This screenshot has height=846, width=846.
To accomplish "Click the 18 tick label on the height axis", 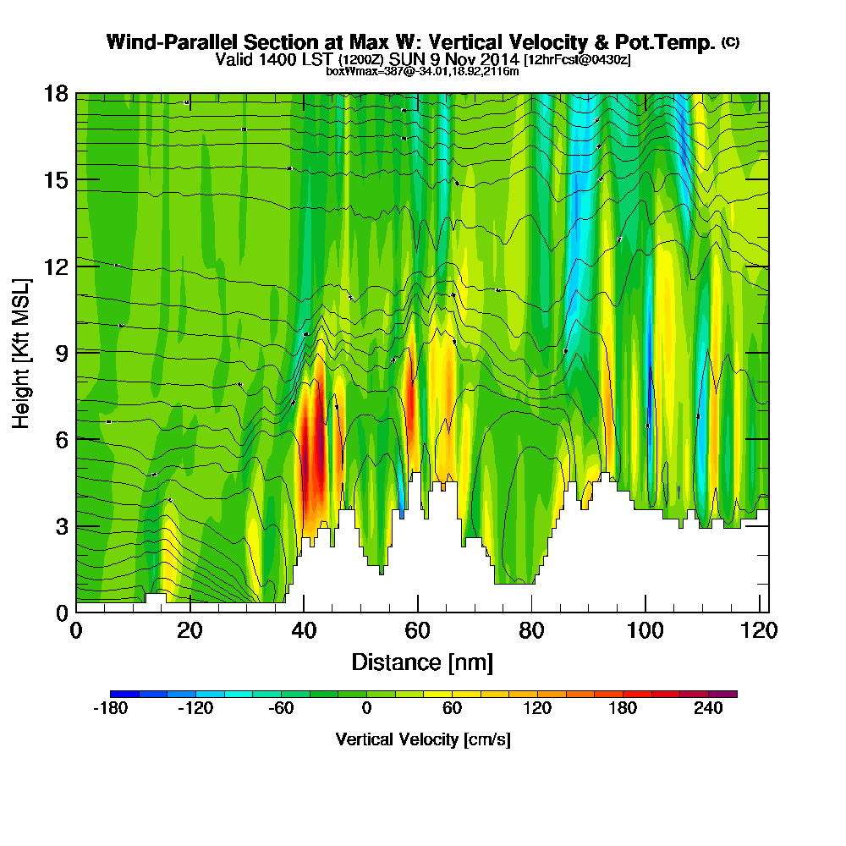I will [56, 93].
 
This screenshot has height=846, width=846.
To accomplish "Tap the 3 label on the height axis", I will [62, 525].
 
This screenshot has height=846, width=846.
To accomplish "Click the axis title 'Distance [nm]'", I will [421, 662].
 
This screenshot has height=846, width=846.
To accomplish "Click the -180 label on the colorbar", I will [110, 709].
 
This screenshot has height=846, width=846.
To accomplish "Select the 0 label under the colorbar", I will [366, 709].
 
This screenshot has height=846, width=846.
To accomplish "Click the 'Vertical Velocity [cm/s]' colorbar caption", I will [422, 739].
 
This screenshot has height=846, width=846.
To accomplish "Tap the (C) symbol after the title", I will [729, 42].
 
